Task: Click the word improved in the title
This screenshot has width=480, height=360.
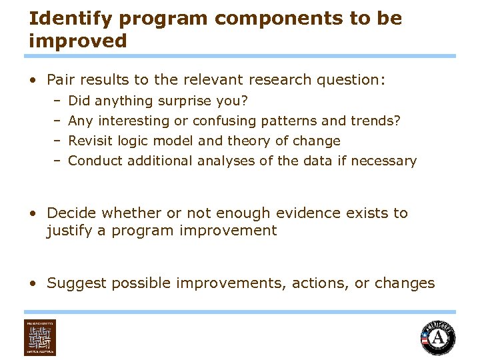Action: click(77, 41)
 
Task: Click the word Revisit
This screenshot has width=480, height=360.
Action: click(91, 141)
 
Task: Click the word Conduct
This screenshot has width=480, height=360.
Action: click(95, 161)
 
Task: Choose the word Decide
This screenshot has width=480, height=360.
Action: click(71, 213)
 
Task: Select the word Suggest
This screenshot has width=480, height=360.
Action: click(77, 283)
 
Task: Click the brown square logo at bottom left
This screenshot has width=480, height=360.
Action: click(40, 338)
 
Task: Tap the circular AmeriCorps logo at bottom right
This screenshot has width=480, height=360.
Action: click(438, 338)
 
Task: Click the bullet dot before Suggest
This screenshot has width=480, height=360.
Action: click(33, 283)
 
